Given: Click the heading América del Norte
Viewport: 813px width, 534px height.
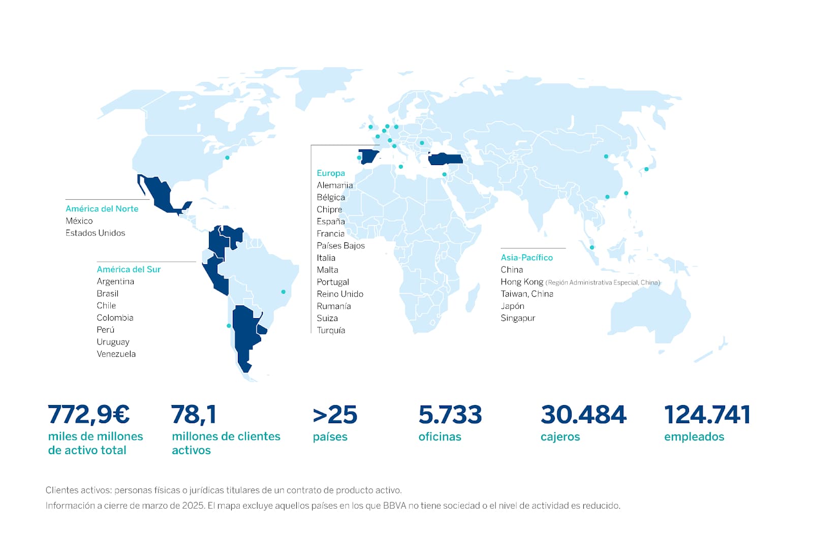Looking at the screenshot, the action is [102, 208].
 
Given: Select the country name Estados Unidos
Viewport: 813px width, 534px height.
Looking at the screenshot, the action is [95, 233].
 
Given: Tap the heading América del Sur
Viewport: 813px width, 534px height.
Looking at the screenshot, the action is [129, 269].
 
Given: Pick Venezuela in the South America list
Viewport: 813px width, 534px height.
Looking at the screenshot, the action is [116, 354].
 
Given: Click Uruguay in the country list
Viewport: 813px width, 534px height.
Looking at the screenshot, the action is [113, 341].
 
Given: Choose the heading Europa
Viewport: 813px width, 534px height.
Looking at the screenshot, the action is [331, 173].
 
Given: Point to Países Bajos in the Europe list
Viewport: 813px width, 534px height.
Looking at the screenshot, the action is [340, 245].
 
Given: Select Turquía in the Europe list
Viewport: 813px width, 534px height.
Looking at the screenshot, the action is [331, 330].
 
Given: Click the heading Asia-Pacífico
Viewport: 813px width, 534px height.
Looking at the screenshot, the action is [526, 257].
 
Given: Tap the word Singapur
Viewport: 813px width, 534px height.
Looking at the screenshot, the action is [518, 318].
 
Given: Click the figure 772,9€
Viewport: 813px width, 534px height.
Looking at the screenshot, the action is [89, 414].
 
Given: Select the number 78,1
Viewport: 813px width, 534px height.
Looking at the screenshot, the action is [194, 414].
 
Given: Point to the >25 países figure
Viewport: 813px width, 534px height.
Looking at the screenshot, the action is [335, 415].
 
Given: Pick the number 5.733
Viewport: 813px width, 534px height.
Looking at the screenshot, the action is [450, 415].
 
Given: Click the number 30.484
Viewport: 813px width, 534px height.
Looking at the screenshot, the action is [583, 415].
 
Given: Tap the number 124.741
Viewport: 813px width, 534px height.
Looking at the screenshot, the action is [707, 415].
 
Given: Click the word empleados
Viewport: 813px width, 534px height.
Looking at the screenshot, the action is [694, 436].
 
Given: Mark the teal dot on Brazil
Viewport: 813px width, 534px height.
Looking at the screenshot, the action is [284, 292].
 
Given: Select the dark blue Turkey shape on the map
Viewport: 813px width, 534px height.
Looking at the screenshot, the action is [445, 160].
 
